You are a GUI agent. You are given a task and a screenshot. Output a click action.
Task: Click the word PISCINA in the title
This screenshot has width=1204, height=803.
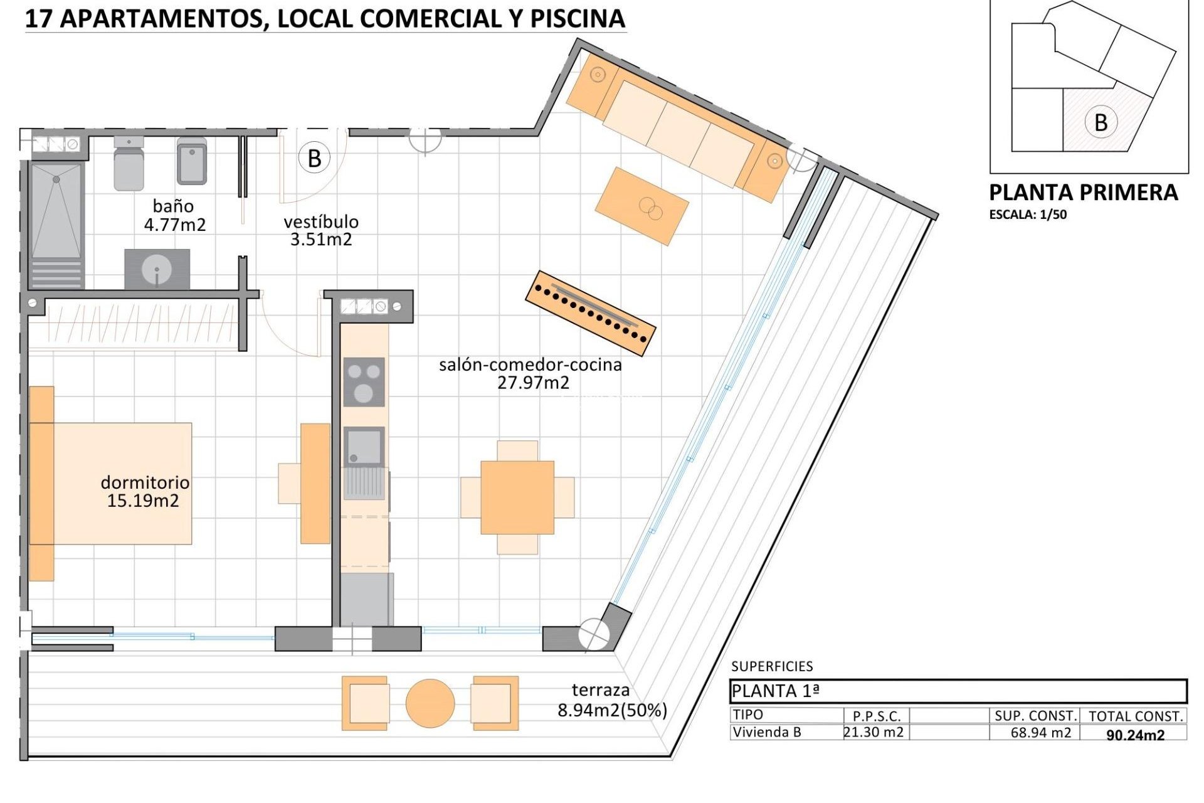point(577,19)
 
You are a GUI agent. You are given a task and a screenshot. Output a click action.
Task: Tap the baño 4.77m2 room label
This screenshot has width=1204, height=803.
point(174,215)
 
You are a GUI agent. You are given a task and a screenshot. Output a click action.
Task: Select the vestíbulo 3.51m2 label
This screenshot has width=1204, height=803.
point(321,230)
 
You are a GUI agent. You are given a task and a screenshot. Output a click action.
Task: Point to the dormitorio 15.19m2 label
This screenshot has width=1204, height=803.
point(144,491)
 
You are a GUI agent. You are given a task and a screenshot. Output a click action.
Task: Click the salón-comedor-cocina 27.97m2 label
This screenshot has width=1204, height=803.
point(531,373)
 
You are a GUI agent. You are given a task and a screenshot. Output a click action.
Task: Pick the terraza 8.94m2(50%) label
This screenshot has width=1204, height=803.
point(611,700)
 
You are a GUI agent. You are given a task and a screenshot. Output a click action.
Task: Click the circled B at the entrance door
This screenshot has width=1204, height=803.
point(314,159)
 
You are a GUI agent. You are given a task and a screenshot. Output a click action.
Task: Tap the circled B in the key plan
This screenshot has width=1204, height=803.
point(1100,122)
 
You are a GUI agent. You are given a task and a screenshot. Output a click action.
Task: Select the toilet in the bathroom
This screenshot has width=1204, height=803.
point(129,164)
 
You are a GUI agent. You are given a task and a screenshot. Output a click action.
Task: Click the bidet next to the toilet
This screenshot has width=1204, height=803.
point(192,161)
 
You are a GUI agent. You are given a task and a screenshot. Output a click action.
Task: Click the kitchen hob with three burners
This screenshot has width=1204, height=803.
point(364,382)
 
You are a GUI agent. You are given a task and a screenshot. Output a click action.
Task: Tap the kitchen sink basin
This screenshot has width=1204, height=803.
point(364,447)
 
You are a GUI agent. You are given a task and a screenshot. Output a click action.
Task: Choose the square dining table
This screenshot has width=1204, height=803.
point(517,497)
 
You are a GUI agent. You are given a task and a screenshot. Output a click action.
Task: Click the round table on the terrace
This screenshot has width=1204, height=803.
point(430,703)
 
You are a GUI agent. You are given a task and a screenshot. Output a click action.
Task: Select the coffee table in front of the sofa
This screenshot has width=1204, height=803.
point(642,206)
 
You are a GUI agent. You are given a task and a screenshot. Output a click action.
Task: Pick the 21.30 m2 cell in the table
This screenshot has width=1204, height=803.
point(874,731)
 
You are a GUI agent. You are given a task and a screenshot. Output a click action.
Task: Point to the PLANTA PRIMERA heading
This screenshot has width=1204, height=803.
point(1083,193)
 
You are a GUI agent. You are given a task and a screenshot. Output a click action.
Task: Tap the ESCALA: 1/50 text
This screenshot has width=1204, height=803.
point(1028,215)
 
